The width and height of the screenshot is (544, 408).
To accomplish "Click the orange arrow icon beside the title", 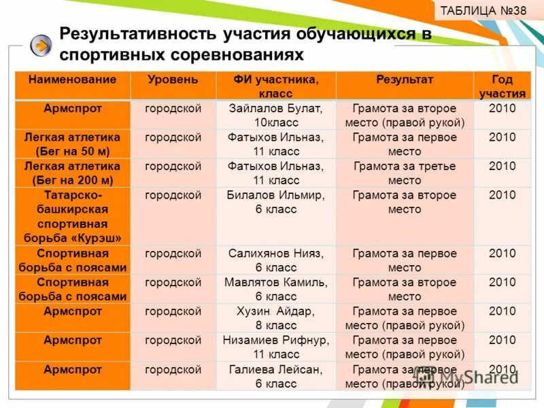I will pyautogui.click(x=41, y=45).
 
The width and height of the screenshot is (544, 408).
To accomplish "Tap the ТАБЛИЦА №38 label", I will pyautogui.click(x=483, y=11).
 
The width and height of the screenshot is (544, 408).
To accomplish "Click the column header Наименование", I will pyautogui.click(x=73, y=80).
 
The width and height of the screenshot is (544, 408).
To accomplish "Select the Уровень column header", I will pyautogui.click(x=173, y=80).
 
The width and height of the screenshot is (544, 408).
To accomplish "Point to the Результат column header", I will pyautogui.click(x=405, y=80).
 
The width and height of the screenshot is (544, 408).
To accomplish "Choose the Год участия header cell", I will pyautogui.click(x=502, y=86).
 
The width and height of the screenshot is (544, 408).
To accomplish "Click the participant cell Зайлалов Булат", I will pyautogui.click(x=275, y=115).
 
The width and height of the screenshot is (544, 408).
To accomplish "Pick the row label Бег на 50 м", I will pyautogui.click(x=73, y=144).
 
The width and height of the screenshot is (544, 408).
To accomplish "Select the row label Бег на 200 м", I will pyautogui.click(x=73, y=173).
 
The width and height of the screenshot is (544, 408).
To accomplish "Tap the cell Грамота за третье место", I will pyautogui.click(x=405, y=173).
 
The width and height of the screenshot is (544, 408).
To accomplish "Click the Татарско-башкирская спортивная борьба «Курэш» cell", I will pyautogui.click(x=73, y=216).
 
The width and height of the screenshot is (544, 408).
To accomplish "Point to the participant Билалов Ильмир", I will pyautogui.click(x=275, y=202).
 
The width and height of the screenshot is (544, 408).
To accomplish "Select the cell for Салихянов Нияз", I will pyautogui.click(x=275, y=260).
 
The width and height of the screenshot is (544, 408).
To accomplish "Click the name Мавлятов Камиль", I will pyautogui.click(x=275, y=289).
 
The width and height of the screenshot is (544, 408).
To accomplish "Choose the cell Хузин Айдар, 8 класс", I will pyautogui.click(x=275, y=318).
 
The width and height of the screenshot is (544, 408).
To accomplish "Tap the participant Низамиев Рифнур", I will pyautogui.click(x=275, y=347).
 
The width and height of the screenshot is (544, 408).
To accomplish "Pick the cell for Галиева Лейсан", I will pyautogui.click(x=275, y=376).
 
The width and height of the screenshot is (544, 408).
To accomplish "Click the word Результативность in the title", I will pyautogui.click(x=137, y=34).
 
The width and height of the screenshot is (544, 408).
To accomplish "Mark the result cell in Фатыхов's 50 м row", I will pyautogui.click(x=405, y=144).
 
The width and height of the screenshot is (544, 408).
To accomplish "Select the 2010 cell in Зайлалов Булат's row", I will pyautogui.click(x=502, y=108).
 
